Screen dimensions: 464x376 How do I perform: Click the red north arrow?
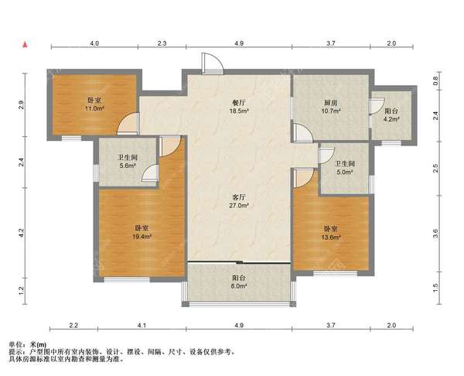click(x=26, y=44)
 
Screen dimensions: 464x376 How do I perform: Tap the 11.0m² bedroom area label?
click(x=94, y=104)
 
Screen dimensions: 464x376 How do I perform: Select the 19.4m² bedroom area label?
click(x=142, y=232)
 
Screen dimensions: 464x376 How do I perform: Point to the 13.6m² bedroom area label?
click(x=331, y=233)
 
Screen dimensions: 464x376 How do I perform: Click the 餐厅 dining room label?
click(x=239, y=103)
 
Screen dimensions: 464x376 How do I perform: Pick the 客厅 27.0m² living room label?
click(x=238, y=201)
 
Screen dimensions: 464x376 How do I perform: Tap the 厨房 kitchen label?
click(x=330, y=103)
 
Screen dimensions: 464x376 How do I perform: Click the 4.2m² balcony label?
click(x=391, y=115)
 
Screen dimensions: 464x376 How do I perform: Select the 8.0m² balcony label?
click(x=239, y=282)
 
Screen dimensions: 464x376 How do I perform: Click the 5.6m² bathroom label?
click(x=128, y=162)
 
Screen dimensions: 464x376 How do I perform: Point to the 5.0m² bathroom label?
click(x=345, y=168)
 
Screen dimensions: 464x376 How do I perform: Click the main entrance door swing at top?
click(x=213, y=63)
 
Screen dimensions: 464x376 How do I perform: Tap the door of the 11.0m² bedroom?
click(x=128, y=124)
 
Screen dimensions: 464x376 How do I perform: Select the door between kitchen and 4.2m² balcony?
click(x=377, y=106)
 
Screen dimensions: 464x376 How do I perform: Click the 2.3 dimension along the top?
click(x=162, y=43)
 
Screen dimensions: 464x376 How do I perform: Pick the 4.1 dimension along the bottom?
click(x=142, y=326)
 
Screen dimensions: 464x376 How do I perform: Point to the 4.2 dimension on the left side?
click(x=21, y=233)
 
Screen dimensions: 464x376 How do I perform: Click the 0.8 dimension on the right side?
click(x=435, y=80)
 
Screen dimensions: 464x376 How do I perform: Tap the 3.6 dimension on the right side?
click(x=435, y=234)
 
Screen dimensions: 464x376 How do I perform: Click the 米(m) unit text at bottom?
click(x=38, y=344)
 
